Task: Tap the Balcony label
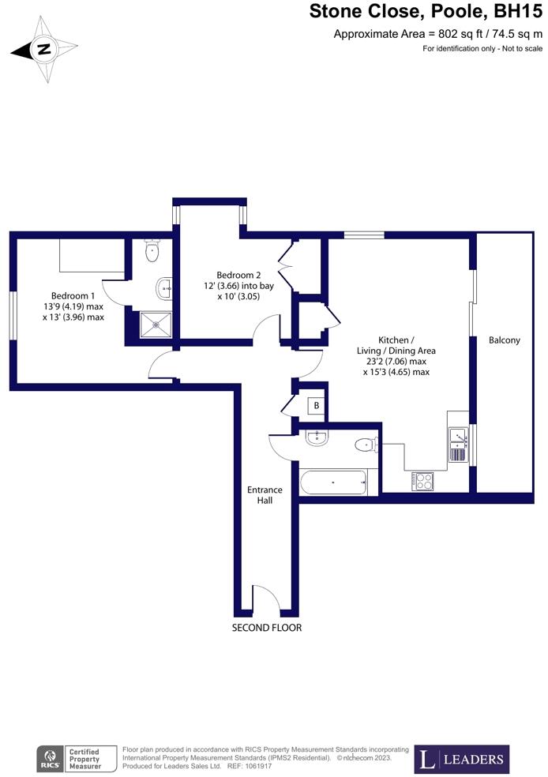[505, 340]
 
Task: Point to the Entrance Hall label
[265, 494]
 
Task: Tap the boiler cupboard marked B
[316, 406]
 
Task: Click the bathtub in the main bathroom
[333, 482]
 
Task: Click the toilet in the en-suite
[152, 252]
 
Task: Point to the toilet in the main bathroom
[366, 445]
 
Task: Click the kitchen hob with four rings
[422, 481]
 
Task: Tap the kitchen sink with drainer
[458, 445]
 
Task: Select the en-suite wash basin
[165, 288]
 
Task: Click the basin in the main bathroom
[317, 437]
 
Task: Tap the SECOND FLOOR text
[266, 628]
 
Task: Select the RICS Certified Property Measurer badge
[75, 760]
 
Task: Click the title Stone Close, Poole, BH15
[426, 12]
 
